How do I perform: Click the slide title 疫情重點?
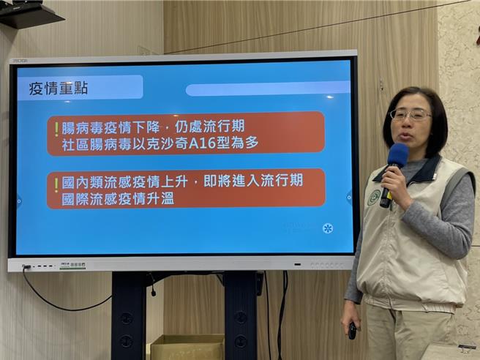59,89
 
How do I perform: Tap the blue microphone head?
397,155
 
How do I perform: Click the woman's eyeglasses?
410,114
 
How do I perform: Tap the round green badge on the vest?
374,197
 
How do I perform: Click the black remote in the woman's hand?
352,330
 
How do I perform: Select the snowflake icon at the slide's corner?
328,228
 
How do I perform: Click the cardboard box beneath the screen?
187,346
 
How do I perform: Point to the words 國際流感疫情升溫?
118,198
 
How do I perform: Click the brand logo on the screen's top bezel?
20,59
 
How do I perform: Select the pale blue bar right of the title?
267,89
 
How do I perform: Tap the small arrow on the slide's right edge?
350,196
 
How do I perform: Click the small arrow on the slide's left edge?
19,200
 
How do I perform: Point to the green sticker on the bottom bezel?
72,265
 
